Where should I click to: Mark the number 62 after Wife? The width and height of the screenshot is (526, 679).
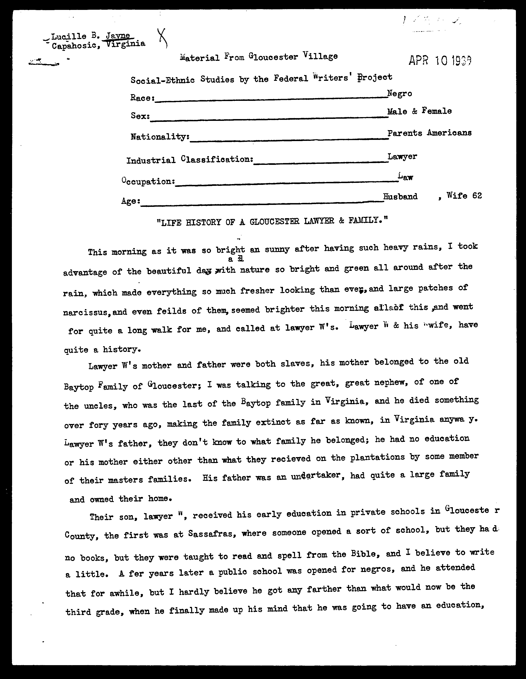(477, 196)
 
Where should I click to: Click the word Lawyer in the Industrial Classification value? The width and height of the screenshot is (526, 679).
(402, 156)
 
